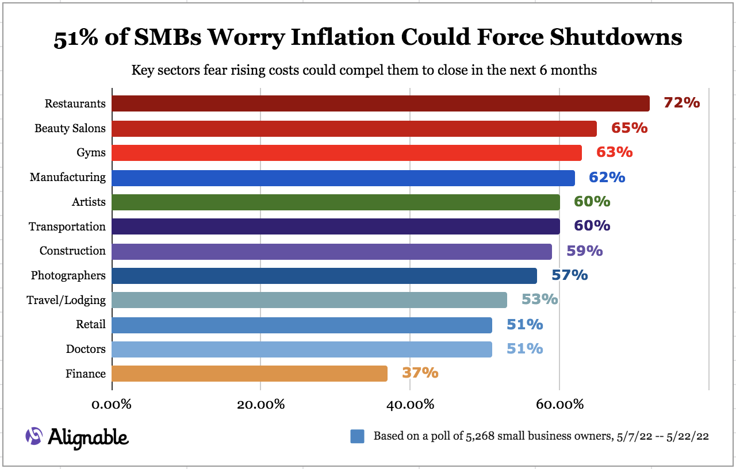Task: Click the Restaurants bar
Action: coord(380,103)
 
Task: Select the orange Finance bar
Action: coord(249,374)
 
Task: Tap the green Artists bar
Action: coord(335,202)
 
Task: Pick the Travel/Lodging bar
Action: coord(309,300)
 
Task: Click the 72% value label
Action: coord(681,103)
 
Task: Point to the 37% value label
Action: coord(420,373)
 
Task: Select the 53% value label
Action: coord(539,299)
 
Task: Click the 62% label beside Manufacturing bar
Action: coord(607,177)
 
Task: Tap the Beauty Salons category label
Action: coord(70,128)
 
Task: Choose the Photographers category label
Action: coord(68,275)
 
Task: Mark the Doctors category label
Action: coord(86,349)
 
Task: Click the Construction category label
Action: coord(72,251)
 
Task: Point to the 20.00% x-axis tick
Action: coord(260,404)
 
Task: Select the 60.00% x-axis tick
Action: coord(559,404)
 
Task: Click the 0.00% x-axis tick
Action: coord(112,404)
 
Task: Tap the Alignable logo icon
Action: coord(34,436)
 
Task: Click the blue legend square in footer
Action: coord(357,436)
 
